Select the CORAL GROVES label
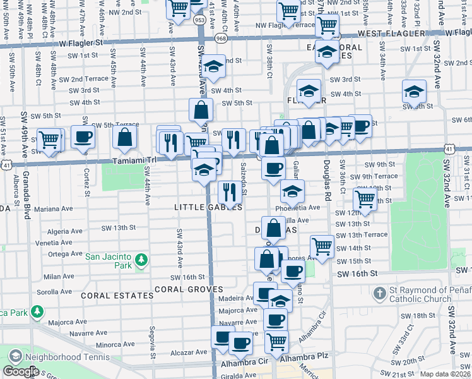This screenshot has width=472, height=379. point(188,289)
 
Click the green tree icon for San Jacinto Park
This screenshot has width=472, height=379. point(141,259)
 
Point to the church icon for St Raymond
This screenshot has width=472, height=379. point(380,294)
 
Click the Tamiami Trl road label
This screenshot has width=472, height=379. point(134,161)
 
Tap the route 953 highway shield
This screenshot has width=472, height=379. point(199,20)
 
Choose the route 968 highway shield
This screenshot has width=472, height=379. point(221,39)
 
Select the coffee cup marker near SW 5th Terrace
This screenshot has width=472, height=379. point(83,137)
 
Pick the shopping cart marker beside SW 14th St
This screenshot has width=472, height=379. point(322,246)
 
